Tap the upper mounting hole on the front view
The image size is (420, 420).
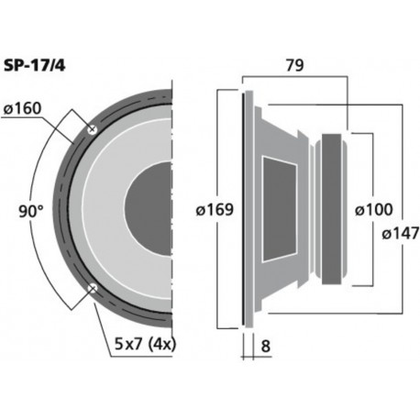pyautogui.click(x=92, y=130)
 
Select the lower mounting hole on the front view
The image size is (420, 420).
pyautogui.click(x=92, y=290)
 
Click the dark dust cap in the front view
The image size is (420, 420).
pyautogui.click(x=150, y=209)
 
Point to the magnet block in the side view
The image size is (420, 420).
pyautogui.click(x=334, y=210)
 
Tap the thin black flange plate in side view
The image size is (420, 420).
pyautogui.click(x=245, y=209)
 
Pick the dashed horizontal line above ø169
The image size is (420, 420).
pyautogui.click(x=230, y=90)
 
